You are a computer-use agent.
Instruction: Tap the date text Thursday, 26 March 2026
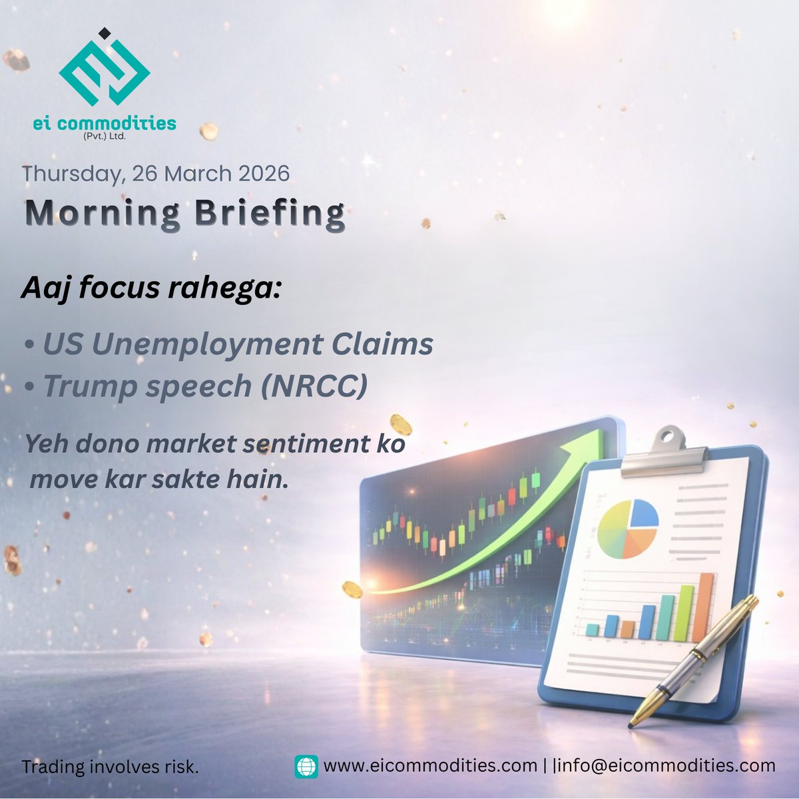[156, 173]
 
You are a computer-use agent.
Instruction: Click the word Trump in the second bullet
[87, 387]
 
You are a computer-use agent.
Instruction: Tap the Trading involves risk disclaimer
[111, 766]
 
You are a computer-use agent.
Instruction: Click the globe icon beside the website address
[306, 766]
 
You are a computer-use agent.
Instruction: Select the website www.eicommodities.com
[430, 766]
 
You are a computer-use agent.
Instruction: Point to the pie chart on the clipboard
[627, 529]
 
